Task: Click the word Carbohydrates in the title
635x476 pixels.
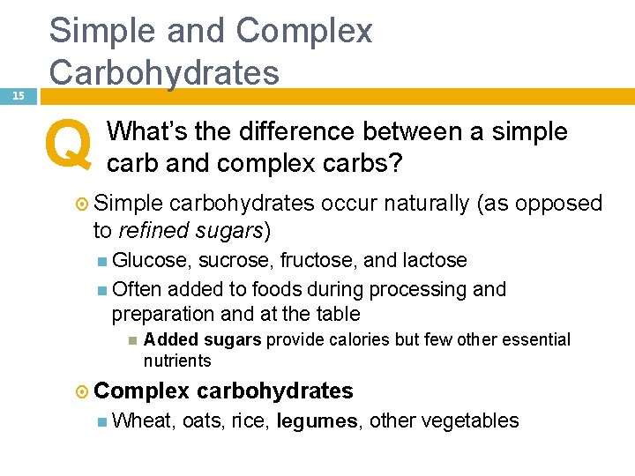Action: pyautogui.click(x=164, y=71)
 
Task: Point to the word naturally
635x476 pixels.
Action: pyautogui.click(x=426, y=204)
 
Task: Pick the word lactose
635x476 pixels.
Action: pyautogui.click(x=435, y=261)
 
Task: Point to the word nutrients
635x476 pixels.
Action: pyautogui.click(x=177, y=361)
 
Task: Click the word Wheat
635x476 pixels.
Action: pyautogui.click(x=144, y=420)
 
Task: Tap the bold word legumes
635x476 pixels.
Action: pyautogui.click(x=317, y=421)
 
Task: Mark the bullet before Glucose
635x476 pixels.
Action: pyautogui.click(x=103, y=261)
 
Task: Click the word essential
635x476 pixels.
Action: pyautogui.click(x=533, y=340)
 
